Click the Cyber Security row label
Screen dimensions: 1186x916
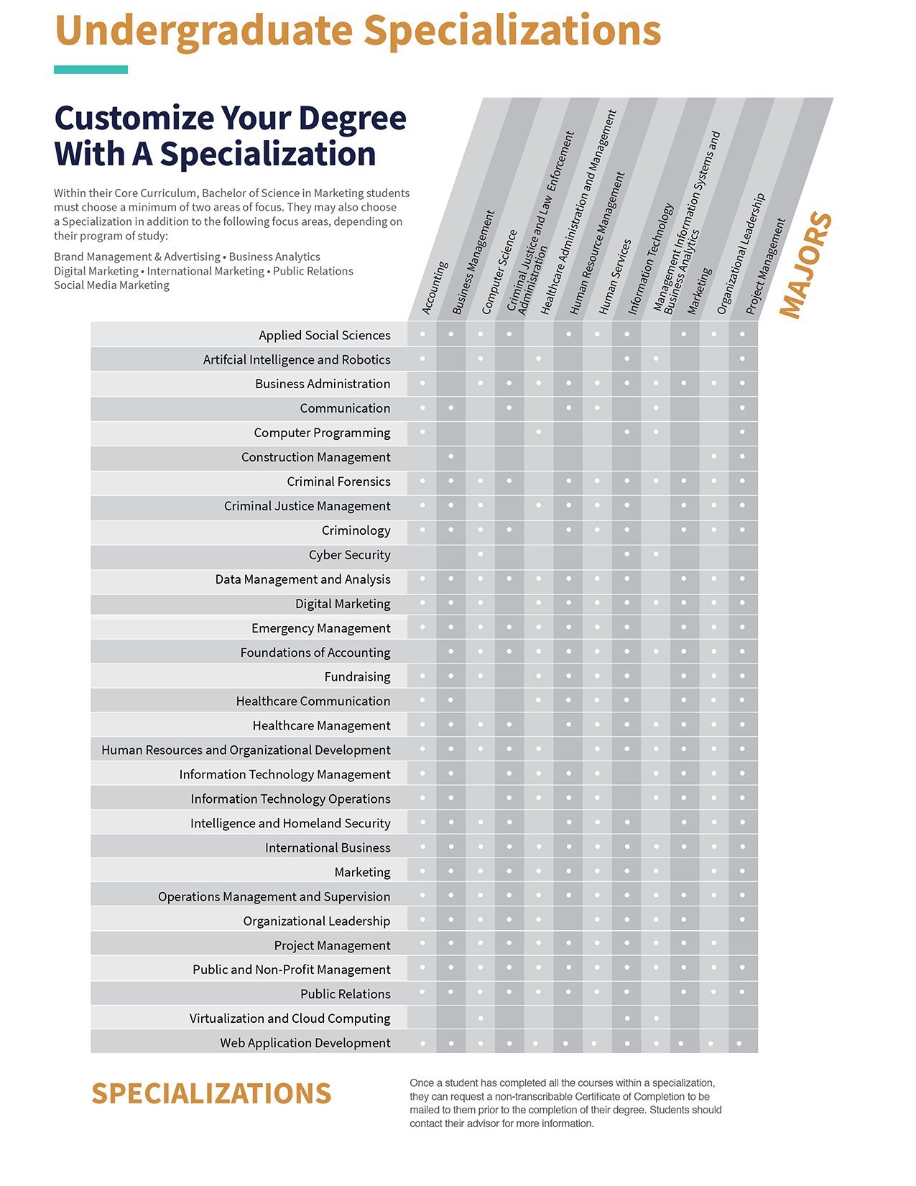point(349,555)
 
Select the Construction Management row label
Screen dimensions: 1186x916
point(315,457)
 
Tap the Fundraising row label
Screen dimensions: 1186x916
point(357,676)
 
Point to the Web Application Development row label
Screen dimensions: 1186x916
point(305,1042)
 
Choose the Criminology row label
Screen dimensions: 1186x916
point(356,530)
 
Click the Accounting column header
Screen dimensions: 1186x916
point(435,288)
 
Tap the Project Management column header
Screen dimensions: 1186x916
point(765,267)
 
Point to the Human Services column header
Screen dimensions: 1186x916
point(615,277)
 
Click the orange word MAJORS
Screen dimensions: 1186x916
point(805,265)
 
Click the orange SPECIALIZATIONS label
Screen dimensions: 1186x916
point(211,1093)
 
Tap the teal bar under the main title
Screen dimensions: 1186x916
point(91,70)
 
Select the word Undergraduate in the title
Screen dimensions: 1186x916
point(203,31)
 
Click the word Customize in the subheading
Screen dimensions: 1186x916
point(134,119)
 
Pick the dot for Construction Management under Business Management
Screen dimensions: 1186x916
point(451,456)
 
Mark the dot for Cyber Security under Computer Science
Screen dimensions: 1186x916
point(480,554)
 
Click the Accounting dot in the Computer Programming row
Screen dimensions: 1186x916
point(422,432)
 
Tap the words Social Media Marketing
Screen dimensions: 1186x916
point(111,285)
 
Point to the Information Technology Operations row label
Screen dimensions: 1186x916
point(290,799)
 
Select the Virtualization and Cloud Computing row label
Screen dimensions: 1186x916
point(290,1019)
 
